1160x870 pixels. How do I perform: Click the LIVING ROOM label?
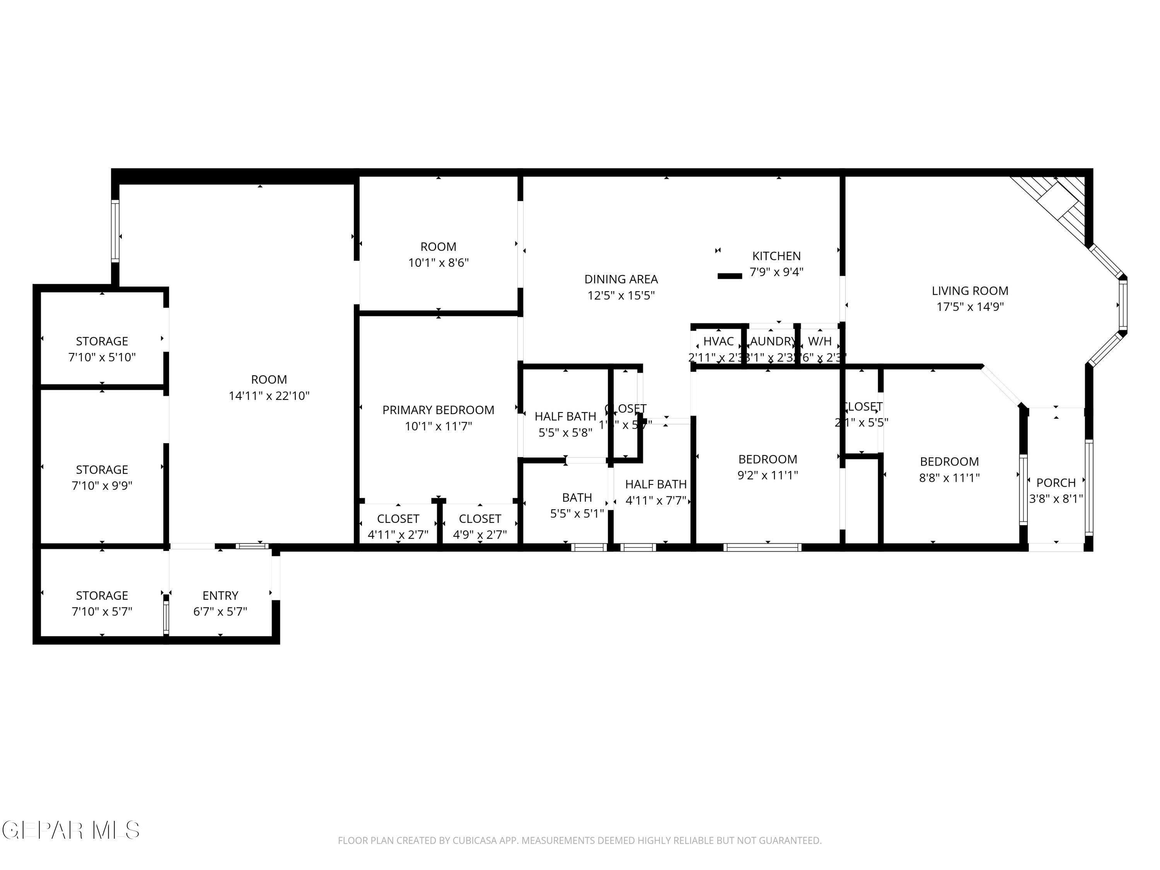point(970,290)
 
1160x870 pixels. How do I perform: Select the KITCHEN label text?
point(776,256)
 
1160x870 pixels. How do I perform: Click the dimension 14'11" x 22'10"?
point(269,396)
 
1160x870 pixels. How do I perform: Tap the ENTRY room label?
point(220,595)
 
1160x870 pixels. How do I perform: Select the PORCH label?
point(1056,483)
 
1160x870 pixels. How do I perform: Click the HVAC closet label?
point(718,341)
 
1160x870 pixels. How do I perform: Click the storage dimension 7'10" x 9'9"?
point(102,486)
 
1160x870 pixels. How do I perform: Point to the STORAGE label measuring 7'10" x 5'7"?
point(102,595)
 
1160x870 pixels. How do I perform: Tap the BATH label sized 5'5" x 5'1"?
point(577,497)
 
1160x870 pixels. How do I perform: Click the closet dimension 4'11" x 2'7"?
point(398,534)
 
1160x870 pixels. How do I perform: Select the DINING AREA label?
point(621,279)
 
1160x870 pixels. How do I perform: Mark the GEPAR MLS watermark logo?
point(71,830)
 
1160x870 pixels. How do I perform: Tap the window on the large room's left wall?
point(115,231)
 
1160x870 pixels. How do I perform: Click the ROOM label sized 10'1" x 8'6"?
point(438,246)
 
